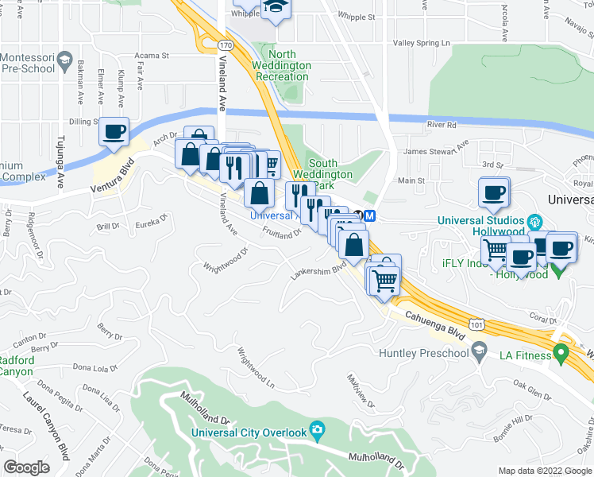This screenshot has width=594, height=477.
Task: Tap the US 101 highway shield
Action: [x=476, y=325]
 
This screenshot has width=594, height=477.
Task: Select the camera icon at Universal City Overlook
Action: [x=317, y=430]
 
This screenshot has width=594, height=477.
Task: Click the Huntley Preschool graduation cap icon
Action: [x=479, y=352]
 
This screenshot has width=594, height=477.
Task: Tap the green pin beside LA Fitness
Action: [x=561, y=351]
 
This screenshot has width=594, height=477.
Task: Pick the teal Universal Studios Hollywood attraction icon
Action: [x=534, y=220]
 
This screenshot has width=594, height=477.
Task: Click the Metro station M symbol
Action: [x=371, y=215]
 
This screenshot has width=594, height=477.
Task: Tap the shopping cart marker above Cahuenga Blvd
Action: [x=384, y=279]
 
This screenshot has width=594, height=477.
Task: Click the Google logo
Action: [x=26, y=467]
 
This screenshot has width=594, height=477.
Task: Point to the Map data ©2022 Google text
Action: [x=544, y=471]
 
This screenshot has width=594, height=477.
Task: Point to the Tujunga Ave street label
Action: [x=59, y=163]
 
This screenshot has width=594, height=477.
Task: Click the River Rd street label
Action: [x=442, y=125]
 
